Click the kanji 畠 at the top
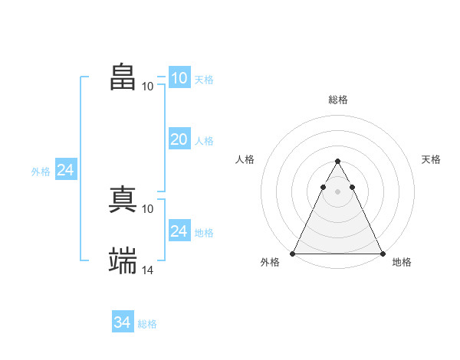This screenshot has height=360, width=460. [123, 77]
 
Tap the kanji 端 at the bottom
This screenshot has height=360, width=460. [123, 260]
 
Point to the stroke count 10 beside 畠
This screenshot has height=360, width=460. [148, 86]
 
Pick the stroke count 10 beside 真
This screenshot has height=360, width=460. [148, 208]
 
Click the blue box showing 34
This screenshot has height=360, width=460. [123, 323]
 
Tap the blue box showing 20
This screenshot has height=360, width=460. [179, 139]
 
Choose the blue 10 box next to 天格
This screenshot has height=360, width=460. [179, 78]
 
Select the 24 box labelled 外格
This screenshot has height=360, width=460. [66, 171]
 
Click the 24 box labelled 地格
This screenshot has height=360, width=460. [179, 231]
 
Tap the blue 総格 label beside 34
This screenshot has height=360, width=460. [147, 324]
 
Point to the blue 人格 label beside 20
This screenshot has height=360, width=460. [204, 141]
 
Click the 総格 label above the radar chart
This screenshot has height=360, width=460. [337, 100]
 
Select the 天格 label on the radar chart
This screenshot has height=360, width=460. [432, 159]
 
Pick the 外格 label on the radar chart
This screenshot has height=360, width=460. [270, 262]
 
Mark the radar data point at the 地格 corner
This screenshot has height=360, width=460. [382, 254]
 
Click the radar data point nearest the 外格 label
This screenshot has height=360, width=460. [293, 254]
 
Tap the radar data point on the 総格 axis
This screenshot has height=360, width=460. [337, 162]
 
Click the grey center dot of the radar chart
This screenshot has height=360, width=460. [337, 190]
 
